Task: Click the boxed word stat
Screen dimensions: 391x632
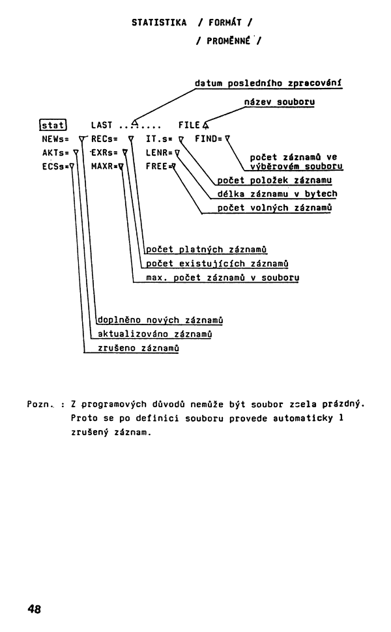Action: [x=53, y=125]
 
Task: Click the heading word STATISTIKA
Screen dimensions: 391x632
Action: [x=159, y=23]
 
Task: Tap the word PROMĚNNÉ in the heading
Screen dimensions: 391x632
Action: [x=229, y=40]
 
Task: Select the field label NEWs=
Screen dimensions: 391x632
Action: [x=55, y=139]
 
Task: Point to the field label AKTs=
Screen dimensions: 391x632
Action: [x=55, y=152]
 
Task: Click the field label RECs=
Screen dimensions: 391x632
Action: [x=104, y=139]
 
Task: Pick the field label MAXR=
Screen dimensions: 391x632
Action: [x=104, y=166]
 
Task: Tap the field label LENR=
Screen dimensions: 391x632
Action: [x=159, y=152]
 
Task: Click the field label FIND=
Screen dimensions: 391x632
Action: [x=209, y=139]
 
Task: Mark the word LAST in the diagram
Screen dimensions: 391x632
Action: [x=102, y=125]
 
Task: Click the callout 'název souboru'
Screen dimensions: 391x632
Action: [x=280, y=102]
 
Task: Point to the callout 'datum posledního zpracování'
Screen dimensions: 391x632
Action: [x=268, y=83]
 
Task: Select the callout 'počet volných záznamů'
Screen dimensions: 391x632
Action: [x=274, y=208]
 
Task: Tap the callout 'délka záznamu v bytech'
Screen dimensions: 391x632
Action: [x=277, y=194]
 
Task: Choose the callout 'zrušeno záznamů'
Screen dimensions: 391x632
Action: [x=138, y=348]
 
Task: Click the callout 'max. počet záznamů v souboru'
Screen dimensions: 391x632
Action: [x=222, y=278]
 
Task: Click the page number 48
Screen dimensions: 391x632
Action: [x=35, y=609]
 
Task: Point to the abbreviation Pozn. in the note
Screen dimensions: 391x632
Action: [x=40, y=404]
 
